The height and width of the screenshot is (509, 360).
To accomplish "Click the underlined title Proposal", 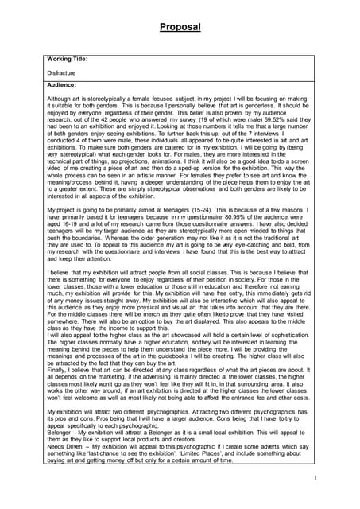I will click(x=180, y=27).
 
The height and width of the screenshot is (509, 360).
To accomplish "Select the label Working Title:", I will click(x=68, y=58).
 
